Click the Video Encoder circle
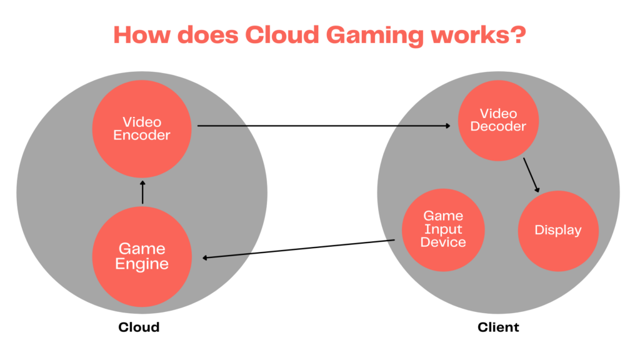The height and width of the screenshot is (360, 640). point(142,128)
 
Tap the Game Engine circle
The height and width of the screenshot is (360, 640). point(142,257)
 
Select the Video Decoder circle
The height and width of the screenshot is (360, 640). point(498,120)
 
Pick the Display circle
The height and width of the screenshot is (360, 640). point(558,230)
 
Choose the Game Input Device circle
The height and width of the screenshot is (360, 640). point(443,229)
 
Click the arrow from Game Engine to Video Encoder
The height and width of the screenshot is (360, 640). point(142,192)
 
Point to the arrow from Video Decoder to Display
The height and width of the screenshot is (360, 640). point(531,174)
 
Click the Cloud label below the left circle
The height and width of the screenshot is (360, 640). point(139,327)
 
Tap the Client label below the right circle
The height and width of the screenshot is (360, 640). point(498,327)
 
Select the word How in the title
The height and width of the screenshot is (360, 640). point(140,34)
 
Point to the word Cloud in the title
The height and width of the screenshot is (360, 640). point(278,34)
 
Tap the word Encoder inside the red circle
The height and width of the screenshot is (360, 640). point(142,135)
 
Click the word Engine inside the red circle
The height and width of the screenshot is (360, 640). point(142,264)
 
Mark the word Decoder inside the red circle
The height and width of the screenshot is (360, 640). point(498,127)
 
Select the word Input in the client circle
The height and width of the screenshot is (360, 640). point(443,229)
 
